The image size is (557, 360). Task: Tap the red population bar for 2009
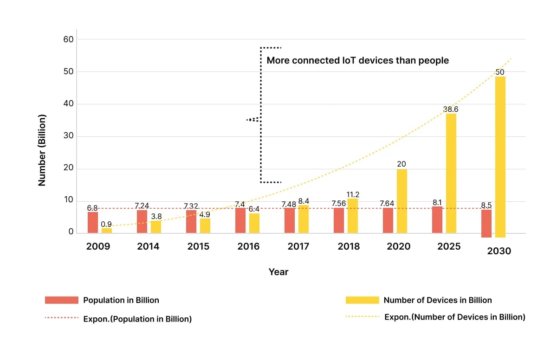(93, 222)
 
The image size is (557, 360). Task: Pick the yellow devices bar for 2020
(402, 201)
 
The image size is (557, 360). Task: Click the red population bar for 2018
(339, 220)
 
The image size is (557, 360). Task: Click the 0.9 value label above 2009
(107, 224)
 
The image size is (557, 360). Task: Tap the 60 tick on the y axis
(69, 39)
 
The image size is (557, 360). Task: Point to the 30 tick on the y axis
(69, 136)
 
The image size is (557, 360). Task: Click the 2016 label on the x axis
(249, 246)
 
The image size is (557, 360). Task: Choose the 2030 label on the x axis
(499, 251)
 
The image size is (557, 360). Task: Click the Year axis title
(278, 272)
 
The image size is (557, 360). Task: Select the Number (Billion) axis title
(42, 150)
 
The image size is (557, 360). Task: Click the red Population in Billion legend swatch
(61, 300)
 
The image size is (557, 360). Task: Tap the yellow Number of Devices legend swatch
(363, 300)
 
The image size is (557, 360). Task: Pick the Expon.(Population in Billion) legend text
(137, 319)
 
